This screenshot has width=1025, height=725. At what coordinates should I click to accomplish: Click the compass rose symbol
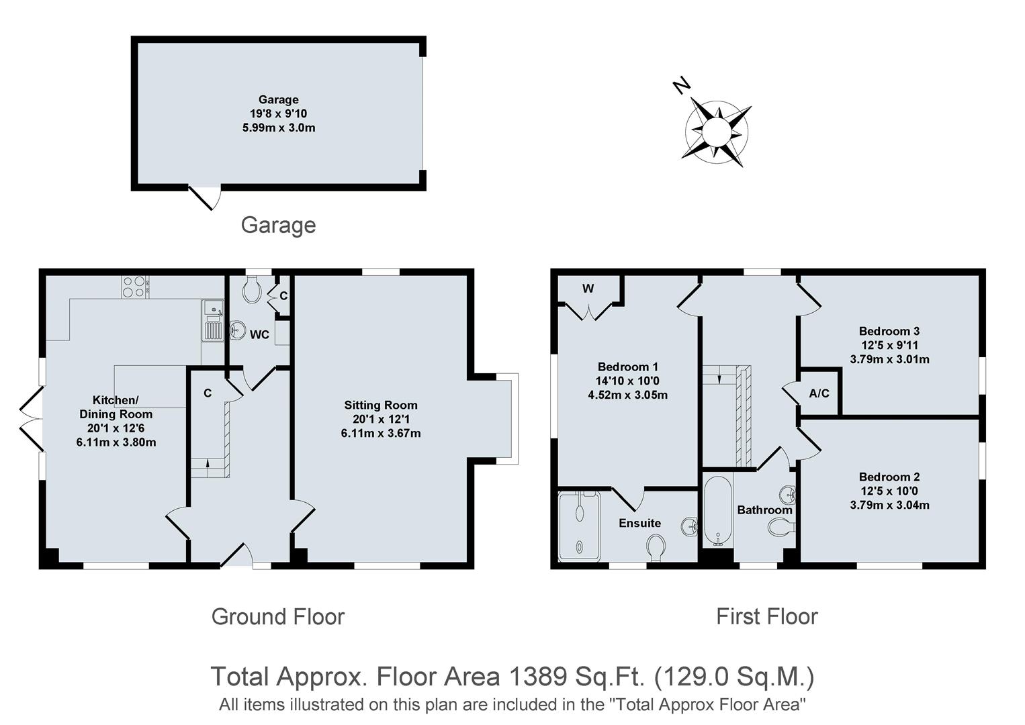tap(716, 132)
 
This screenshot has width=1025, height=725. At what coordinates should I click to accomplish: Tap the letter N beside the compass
tap(682, 86)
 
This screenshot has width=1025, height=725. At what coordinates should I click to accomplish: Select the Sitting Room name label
tap(381, 405)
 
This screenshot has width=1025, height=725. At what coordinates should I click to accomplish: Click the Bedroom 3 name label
tap(889, 331)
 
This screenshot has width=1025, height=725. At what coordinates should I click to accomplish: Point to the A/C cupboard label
tap(819, 393)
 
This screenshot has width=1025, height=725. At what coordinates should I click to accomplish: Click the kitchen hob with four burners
tap(134, 287)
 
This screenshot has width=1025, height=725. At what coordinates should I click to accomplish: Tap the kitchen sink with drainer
tap(213, 320)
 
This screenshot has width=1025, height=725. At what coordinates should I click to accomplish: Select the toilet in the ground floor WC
tap(253, 289)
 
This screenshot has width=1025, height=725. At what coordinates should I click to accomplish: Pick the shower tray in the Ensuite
tap(578, 526)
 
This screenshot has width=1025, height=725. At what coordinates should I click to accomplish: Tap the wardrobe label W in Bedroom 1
tap(588, 289)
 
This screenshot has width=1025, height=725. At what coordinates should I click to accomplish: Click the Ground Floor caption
tap(278, 616)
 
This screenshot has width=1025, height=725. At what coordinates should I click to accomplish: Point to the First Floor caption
tap(766, 616)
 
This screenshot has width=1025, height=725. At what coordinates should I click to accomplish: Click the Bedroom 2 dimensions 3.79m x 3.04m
tap(889, 505)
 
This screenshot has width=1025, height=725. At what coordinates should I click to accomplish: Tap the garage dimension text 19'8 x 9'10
tap(278, 113)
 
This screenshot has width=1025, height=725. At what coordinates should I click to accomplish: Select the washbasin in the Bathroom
tap(788, 495)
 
